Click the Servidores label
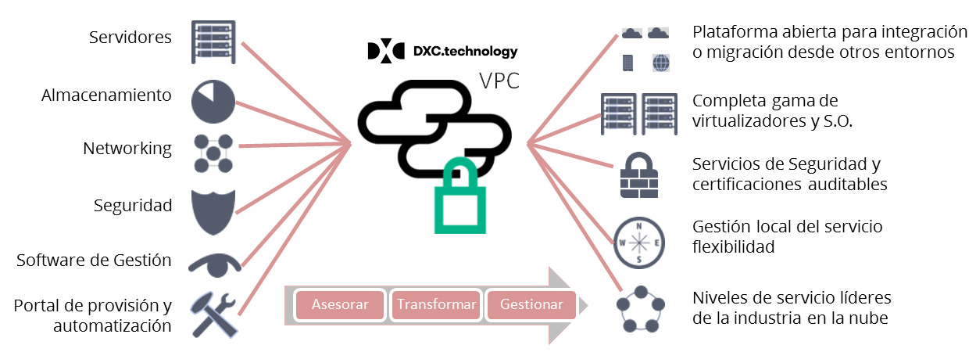click(x=130, y=37)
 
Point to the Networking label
click(x=127, y=149)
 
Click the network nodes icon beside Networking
click(x=213, y=153)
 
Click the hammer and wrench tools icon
click(x=213, y=313)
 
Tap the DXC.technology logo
click(x=442, y=52)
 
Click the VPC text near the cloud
click(x=499, y=81)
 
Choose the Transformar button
click(x=435, y=305)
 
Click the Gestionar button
click(x=531, y=305)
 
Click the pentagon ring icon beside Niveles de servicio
click(x=639, y=308)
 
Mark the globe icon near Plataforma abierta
click(x=660, y=62)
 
